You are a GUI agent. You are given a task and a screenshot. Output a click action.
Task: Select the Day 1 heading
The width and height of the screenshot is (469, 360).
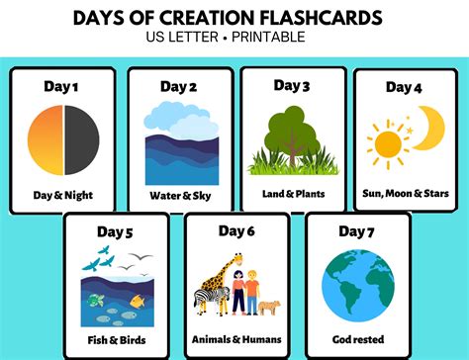[62, 86]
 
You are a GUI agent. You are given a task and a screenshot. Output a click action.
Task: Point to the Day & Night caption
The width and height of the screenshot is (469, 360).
[62, 195]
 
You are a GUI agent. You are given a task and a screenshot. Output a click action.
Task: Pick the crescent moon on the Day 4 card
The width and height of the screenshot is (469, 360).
[427, 130]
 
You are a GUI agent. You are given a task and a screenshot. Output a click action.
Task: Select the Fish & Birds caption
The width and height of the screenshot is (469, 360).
[117, 338]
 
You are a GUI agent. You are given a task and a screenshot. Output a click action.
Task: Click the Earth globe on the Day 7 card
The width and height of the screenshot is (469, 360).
[357, 287]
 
